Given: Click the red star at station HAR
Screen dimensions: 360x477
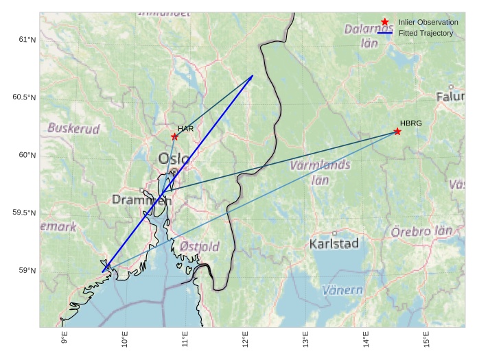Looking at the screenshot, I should click(174, 136).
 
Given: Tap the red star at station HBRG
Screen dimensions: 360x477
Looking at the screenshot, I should click(397, 131).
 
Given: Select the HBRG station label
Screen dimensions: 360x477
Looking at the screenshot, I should click(410, 123).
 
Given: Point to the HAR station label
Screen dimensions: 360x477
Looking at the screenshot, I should click(186, 129).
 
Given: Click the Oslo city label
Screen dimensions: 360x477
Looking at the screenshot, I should click(174, 159).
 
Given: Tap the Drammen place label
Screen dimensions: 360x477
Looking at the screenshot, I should click(136, 200).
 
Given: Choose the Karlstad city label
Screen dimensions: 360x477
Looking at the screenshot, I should click(334, 244).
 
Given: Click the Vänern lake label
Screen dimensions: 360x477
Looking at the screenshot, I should click(342, 290).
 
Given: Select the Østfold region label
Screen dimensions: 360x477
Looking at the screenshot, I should click(200, 246).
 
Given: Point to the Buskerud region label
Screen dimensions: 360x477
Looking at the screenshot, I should click(73, 128).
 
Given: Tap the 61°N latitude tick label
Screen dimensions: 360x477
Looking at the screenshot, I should click(26, 39).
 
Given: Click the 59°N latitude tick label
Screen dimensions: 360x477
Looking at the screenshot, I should click(26, 271).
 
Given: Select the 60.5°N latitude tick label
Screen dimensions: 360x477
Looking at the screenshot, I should click(23, 97).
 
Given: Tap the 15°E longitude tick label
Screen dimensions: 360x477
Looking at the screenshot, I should click(426, 339).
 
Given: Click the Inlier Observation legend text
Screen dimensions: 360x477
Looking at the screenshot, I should click(428, 23).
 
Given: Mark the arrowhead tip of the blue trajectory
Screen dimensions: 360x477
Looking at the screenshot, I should click(253, 75).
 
